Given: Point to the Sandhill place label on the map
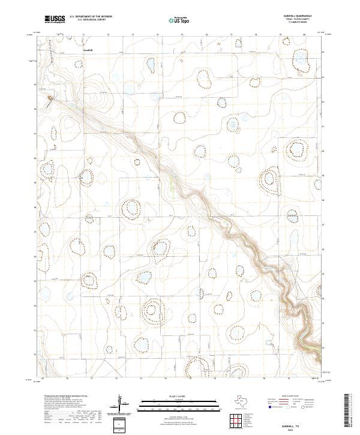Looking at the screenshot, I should (88, 50).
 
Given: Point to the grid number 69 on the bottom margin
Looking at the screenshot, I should (42, 379).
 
